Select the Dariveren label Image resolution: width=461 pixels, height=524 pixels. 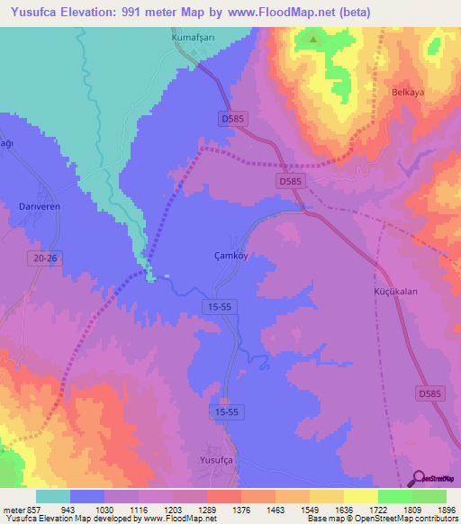[x=39, y=206]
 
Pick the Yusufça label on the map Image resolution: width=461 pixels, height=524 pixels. [x=217, y=459]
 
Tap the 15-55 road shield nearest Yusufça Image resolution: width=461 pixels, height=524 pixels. [x=228, y=411]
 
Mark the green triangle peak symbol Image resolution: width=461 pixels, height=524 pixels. [x=313, y=40]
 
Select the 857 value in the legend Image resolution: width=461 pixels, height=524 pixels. [x=26, y=509]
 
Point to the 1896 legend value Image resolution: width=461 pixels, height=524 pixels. [x=446, y=509]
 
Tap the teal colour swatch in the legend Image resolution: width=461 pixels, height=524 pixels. [x=53, y=496]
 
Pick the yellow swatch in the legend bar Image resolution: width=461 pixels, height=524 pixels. [x=361, y=496]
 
